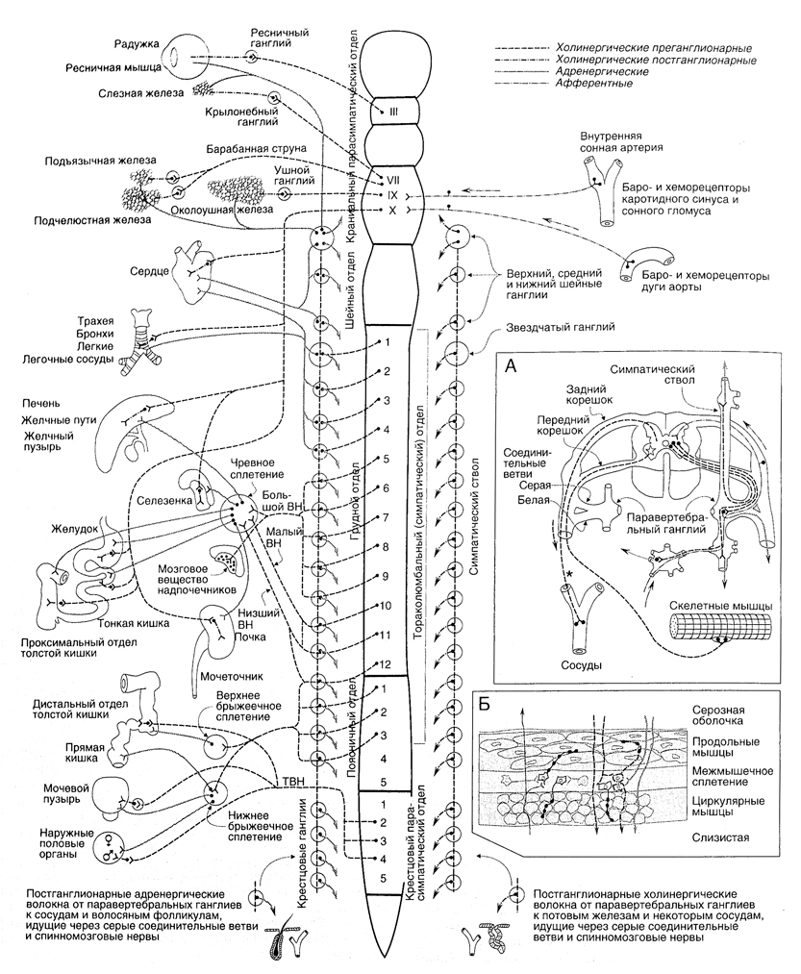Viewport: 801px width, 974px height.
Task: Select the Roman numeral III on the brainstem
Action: pos(392,113)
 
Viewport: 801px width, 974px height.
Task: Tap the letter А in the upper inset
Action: pos(510,366)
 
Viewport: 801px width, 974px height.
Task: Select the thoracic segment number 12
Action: pos(385,664)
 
